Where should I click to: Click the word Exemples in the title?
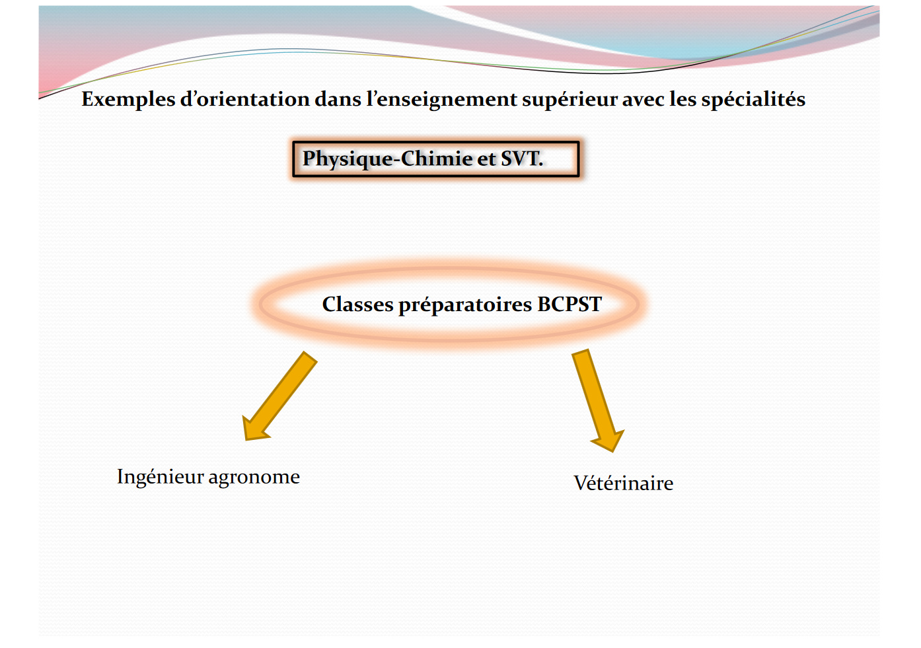[x=128, y=100]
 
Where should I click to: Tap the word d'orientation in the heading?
[x=245, y=98]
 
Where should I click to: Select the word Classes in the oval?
[x=357, y=305]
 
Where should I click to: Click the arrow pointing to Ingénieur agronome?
[x=279, y=396]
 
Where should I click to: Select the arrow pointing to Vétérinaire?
[x=598, y=400]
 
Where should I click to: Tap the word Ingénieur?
[x=161, y=478]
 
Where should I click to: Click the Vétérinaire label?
[x=623, y=484]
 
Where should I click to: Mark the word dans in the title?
[x=338, y=100]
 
